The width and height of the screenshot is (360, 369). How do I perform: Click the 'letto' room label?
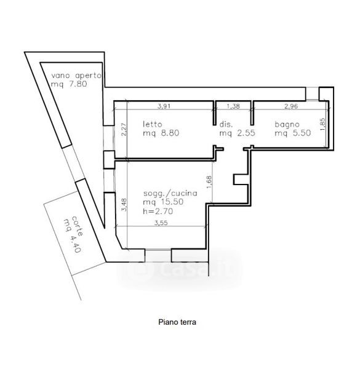click(x=153, y=124)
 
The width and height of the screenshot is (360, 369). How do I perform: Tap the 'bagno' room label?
click(x=287, y=124)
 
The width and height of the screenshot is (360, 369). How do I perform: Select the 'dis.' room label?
click(x=226, y=124)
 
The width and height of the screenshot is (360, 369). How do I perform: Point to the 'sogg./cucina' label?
click(x=170, y=193)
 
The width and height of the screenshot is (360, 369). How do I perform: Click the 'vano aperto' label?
click(x=76, y=76)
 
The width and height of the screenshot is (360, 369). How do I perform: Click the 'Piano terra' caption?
click(x=177, y=322)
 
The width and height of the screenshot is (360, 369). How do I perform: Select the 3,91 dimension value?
click(x=164, y=106)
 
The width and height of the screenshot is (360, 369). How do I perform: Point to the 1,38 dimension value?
click(x=233, y=106)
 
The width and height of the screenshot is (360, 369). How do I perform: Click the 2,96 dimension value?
click(x=291, y=106)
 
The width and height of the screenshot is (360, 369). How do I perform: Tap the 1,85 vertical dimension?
click(x=322, y=124)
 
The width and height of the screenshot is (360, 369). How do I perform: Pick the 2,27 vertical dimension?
click(x=124, y=130)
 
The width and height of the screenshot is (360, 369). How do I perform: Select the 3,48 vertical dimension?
click(x=124, y=205)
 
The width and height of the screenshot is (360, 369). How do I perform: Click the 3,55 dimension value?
click(x=161, y=223)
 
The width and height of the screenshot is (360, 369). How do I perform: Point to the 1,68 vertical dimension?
click(x=209, y=182)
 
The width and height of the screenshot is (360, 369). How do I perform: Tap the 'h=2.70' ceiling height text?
click(x=158, y=211)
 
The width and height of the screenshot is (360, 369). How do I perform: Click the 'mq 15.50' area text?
click(x=163, y=202)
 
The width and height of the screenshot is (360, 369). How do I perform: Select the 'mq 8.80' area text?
click(x=161, y=133)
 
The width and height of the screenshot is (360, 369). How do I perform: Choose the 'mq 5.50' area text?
click(x=293, y=133)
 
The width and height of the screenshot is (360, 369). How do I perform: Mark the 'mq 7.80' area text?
click(x=69, y=84)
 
